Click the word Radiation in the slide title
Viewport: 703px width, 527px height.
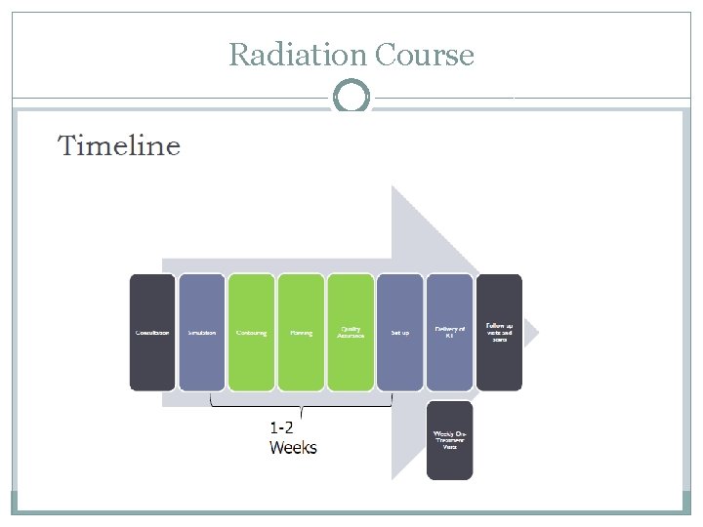[286, 55]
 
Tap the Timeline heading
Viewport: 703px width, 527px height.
[119, 146]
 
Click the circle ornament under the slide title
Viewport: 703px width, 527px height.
[351, 98]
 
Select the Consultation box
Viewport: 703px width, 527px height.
[152, 332]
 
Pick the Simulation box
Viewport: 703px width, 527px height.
[202, 332]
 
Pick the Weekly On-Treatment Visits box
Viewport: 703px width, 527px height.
[449, 440]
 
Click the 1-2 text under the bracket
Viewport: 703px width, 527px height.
[282, 426]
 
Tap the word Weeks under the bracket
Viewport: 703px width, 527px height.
[293, 447]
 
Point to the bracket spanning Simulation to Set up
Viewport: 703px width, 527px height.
[302, 403]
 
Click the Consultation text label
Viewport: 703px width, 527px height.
[152, 333]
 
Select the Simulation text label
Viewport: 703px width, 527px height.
[202, 333]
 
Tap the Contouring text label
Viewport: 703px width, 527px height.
[252, 333]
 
